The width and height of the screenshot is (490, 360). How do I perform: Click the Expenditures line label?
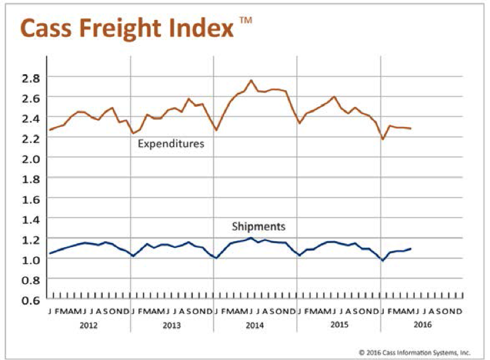pos(171,144)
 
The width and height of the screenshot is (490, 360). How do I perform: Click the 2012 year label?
pos(89,325)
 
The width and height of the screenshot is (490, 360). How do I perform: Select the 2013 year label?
pos(172,325)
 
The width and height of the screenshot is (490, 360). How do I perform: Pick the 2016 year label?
pos(422,325)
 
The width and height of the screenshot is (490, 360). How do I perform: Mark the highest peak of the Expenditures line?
pos(251,80)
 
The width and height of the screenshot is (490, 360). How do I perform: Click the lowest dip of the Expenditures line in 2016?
pos(383,139)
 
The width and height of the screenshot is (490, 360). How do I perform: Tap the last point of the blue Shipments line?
pos(410,248)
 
